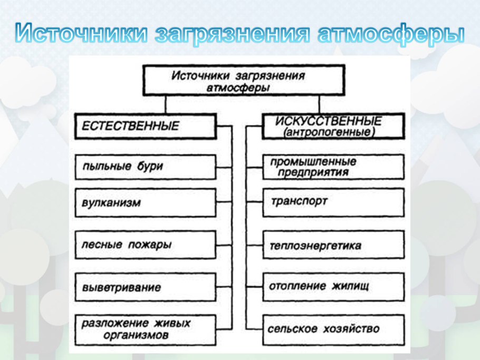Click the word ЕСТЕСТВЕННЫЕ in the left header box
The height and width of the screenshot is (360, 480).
130,127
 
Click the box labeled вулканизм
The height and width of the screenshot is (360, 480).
145,203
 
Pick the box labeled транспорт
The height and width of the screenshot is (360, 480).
333,202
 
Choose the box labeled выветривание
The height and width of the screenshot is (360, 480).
145,288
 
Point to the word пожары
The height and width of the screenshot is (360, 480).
153,245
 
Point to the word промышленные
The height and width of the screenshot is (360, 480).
313,162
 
